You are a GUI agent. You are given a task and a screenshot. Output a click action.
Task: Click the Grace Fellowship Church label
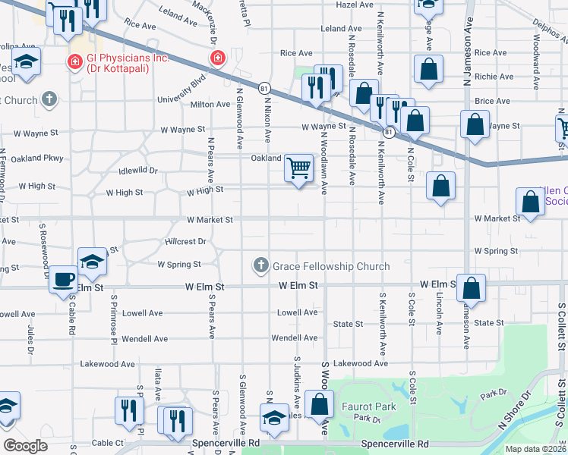pos(331,266)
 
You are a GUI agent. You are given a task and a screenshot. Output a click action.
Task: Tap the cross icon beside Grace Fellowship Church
pos(261,265)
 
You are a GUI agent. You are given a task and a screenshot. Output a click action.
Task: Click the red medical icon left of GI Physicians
pos(75,61)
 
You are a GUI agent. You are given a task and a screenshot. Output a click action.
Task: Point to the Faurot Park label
pos(368,406)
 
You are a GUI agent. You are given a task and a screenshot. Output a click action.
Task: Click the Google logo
pos(24,445)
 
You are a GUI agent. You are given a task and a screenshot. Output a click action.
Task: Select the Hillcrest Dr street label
pos(185,241)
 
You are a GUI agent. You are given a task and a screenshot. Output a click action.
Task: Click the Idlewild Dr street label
pos(137,171)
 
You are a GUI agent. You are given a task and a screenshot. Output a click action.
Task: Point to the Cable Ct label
pos(108,442)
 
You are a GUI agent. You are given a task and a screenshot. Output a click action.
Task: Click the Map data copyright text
pos(535,449)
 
